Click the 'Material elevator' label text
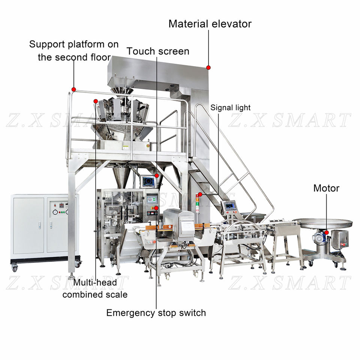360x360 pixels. point(210,24)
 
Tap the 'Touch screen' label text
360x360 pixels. point(158,51)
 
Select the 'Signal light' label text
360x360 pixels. point(230,108)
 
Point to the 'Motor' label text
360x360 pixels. point(326,188)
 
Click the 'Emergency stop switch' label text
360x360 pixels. point(156,312)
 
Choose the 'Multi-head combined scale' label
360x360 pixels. point(95,288)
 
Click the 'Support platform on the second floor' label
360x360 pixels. point(74,51)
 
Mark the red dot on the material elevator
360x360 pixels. point(208,67)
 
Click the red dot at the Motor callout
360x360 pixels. point(327,232)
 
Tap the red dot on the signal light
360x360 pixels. point(201,194)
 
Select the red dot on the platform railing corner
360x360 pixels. point(74,89)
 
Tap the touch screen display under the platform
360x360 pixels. point(148,181)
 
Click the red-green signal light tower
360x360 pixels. point(197,204)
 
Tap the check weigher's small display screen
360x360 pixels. point(229,206)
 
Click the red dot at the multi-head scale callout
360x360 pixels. point(96,101)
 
